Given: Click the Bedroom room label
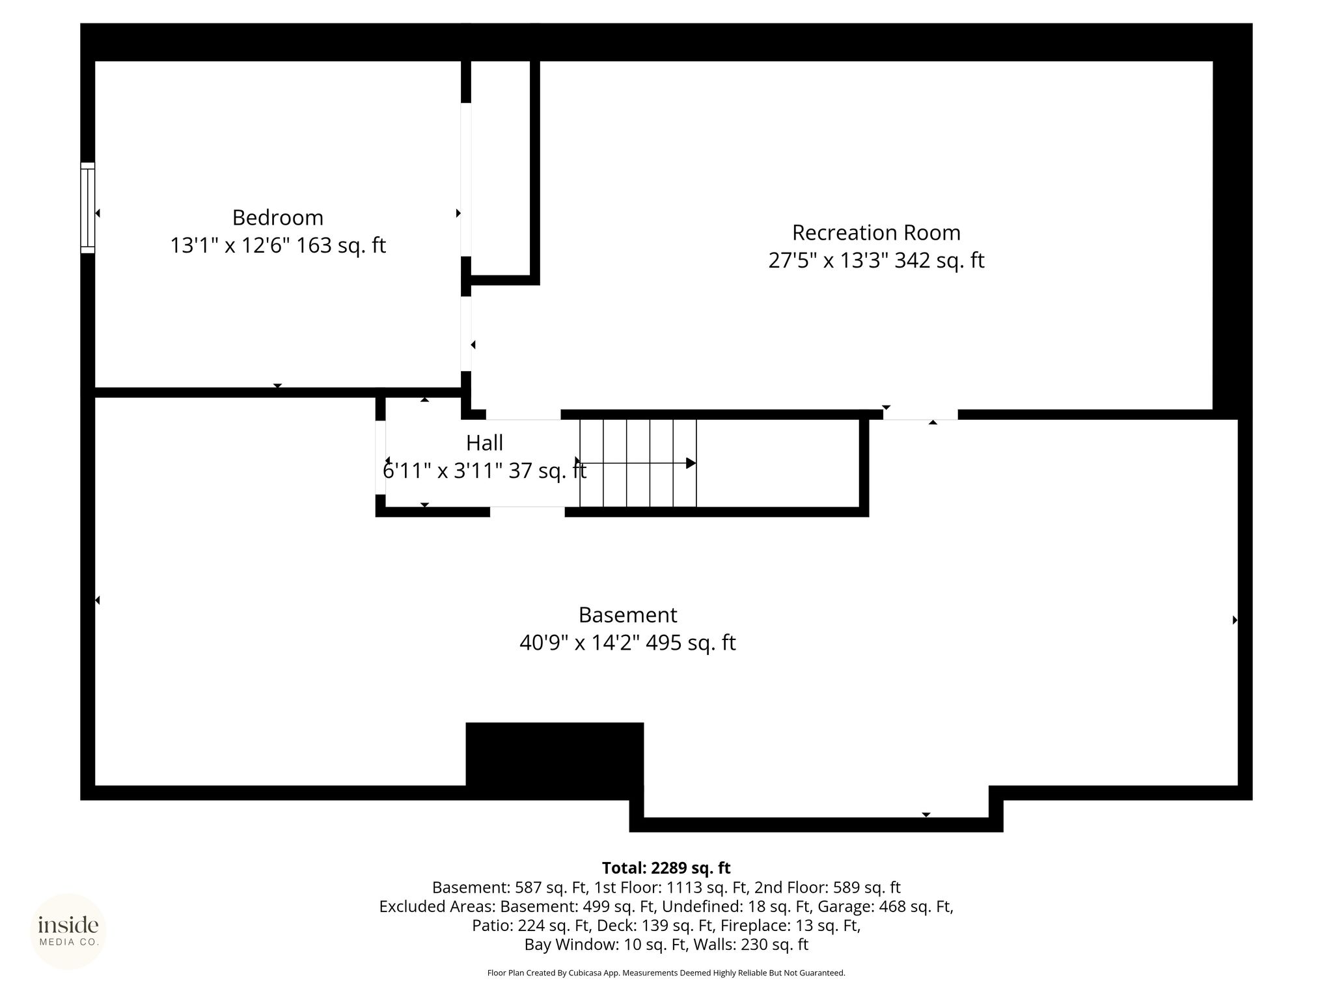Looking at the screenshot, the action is click(x=277, y=217).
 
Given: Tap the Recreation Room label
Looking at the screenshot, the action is click(x=876, y=232).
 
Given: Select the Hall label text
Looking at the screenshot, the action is click(x=484, y=443).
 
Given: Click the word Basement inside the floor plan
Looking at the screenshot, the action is click(x=627, y=615).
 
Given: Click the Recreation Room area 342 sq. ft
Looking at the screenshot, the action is click(x=939, y=260).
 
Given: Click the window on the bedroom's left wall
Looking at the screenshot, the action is click(x=88, y=208).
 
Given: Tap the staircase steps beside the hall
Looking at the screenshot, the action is click(x=638, y=463).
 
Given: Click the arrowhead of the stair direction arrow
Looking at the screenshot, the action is click(x=691, y=464).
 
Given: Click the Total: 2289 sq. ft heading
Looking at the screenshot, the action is click(x=666, y=868).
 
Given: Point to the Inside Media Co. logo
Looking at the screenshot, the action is click(x=68, y=932).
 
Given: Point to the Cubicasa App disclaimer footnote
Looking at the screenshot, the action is click(x=666, y=973).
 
